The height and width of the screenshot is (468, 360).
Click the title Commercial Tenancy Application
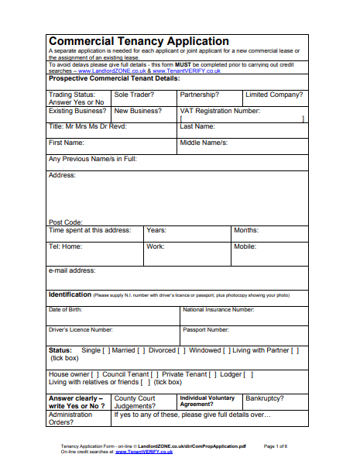coord(139,41)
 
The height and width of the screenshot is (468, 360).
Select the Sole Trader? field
coord(134,95)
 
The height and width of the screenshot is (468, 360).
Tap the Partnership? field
coord(199,95)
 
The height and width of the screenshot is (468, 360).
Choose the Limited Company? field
coord(273,95)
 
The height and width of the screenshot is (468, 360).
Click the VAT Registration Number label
coord(219,111)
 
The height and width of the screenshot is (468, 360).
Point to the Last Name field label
coord(197,126)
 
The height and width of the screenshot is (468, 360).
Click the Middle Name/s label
coord(204,143)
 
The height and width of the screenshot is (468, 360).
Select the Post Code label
coord(65,222)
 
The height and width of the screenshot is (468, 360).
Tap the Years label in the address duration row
coord(156,230)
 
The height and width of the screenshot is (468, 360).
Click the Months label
coord(245,230)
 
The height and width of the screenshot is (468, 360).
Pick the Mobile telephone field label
coord(245,246)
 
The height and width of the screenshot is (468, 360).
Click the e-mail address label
coord(72,270)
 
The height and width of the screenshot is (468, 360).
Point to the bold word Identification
coord(70,294)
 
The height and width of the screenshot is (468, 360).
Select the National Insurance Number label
coord(218,310)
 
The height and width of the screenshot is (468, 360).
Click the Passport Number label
coord(206,329)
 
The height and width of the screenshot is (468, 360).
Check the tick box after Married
coord(141,350)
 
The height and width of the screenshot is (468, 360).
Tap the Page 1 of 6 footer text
coord(276,447)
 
